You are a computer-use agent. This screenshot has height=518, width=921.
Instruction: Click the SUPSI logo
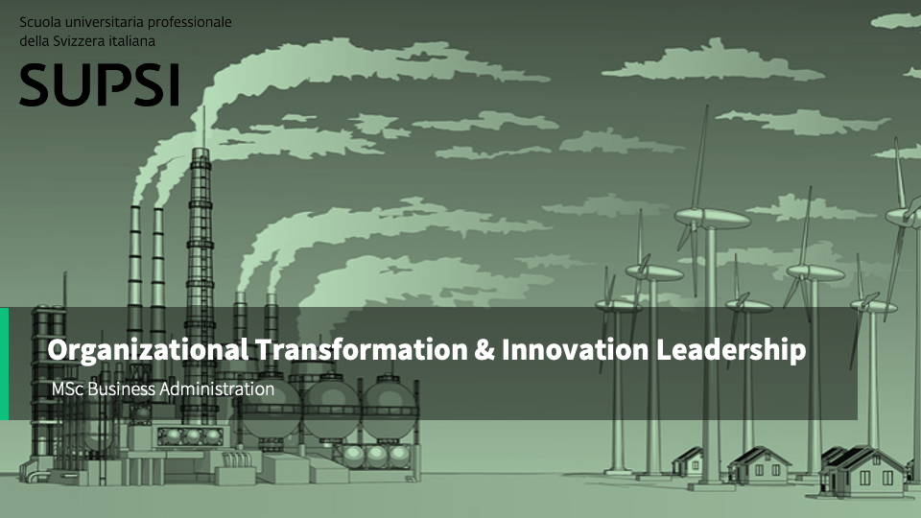pyautogui.click(x=99, y=85)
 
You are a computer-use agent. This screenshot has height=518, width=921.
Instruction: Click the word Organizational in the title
pyautogui.click(x=148, y=350)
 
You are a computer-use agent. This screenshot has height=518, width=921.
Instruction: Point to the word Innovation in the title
pyautogui.click(x=573, y=350)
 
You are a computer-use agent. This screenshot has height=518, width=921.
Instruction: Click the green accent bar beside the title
pyautogui.click(x=4, y=364)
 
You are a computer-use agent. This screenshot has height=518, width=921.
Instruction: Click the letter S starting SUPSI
pyautogui.click(x=35, y=85)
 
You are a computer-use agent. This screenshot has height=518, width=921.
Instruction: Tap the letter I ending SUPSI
pyautogui.click(x=174, y=85)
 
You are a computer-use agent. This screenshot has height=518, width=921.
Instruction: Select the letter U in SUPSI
pyautogui.click(x=71, y=85)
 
